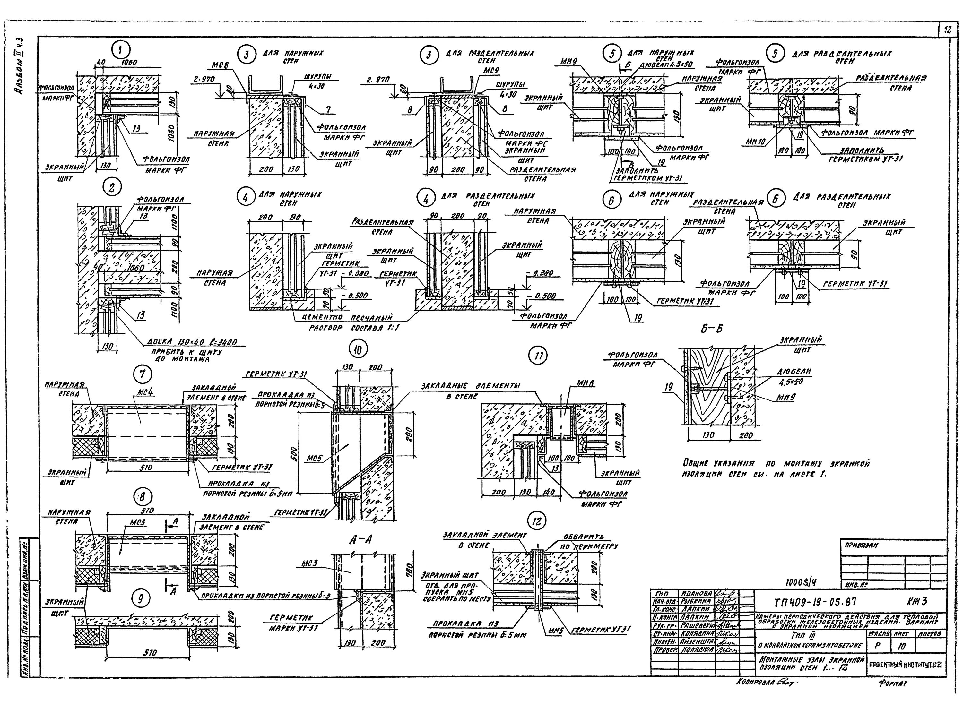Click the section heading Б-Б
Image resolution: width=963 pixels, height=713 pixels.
click(x=711, y=329)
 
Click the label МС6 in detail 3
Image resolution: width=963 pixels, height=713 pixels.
click(x=221, y=65)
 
